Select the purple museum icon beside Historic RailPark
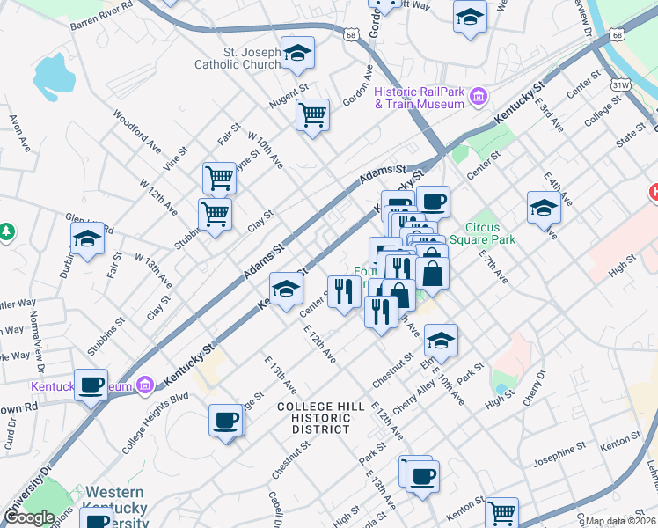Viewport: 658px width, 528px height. point(479,96)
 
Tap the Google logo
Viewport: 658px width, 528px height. point(29,517)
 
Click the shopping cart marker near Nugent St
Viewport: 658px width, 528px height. point(313,115)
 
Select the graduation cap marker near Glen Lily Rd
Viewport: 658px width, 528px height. point(87,238)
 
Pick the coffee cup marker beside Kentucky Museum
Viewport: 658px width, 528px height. point(91,385)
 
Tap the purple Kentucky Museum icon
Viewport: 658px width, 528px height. point(145,385)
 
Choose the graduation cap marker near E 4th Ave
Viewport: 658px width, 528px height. point(544,209)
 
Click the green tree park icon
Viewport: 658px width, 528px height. point(7,231)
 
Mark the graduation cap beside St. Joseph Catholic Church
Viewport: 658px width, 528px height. point(297,54)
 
